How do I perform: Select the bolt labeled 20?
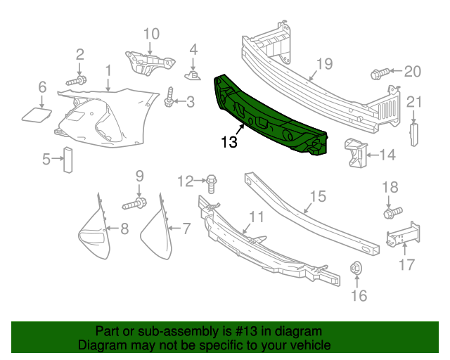(x=378, y=72)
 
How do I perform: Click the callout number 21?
(x=414, y=102)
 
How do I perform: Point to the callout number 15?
(x=318, y=195)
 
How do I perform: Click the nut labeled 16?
(x=356, y=268)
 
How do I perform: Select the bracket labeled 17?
(x=399, y=235)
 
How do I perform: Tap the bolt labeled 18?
(x=392, y=210)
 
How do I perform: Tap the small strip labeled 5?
(x=68, y=159)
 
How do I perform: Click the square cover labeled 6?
(x=39, y=115)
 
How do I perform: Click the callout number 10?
(x=151, y=33)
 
